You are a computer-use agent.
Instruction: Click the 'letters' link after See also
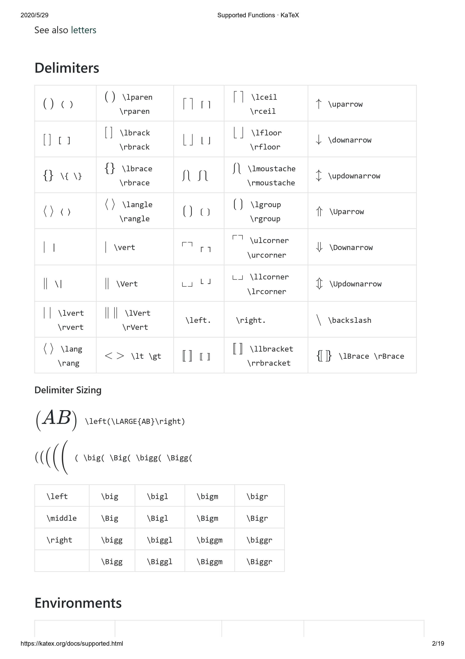click(83, 30)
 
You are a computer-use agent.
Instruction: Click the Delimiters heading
click(67, 68)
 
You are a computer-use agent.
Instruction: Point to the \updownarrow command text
click(354, 176)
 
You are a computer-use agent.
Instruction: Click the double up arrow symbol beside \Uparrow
click(319, 212)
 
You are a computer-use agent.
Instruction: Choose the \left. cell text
click(198, 320)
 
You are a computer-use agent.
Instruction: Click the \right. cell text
click(251, 320)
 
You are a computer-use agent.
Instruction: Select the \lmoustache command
click(271, 169)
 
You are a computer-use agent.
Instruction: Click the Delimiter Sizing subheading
click(68, 390)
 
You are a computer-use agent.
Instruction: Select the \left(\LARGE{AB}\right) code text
click(135, 421)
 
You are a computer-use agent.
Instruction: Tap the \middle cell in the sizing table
click(62, 518)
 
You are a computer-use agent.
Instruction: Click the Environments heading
click(78, 603)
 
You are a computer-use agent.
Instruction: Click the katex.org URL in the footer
click(72, 643)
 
